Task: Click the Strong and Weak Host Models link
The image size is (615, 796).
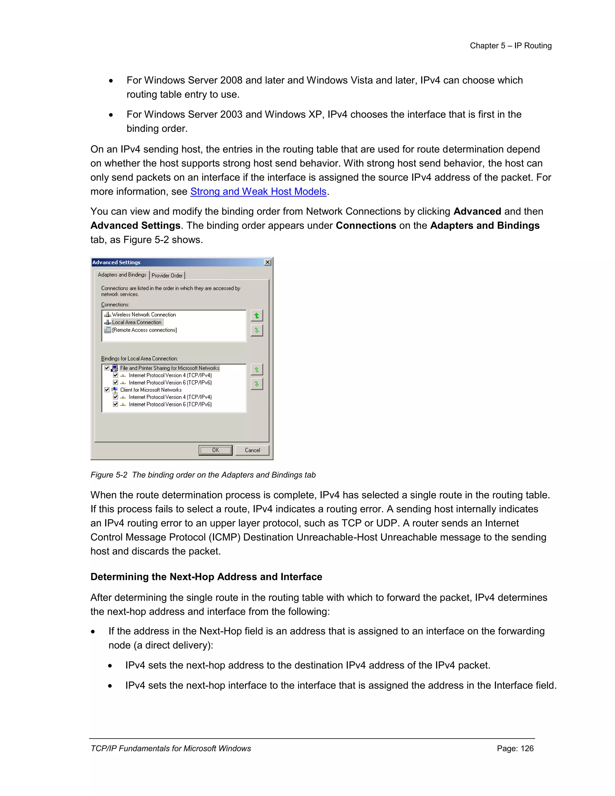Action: coord(258,191)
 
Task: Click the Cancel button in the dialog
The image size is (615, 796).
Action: coord(252,450)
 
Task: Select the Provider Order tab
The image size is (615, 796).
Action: coord(167,275)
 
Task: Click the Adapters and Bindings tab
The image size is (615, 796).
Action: coord(122,275)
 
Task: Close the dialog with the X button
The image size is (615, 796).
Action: coord(268,263)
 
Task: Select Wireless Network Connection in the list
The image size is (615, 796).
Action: coord(144,314)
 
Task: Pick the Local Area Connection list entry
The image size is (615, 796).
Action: coord(136,322)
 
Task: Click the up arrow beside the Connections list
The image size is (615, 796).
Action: coord(256,316)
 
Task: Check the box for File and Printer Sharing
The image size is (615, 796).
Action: coord(107,368)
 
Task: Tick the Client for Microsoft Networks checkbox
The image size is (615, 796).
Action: coord(107,390)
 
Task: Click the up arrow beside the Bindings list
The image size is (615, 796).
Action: coord(256,369)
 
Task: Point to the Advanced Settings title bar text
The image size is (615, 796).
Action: coord(116,263)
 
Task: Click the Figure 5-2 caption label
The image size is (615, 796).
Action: coord(203,475)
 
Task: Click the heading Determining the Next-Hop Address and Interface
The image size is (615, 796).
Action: coord(206,577)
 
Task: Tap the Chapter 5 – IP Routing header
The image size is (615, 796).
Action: coord(510,46)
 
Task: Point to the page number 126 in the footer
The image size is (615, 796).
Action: coord(515,748)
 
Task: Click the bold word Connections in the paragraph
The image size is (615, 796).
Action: coord(365,226)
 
